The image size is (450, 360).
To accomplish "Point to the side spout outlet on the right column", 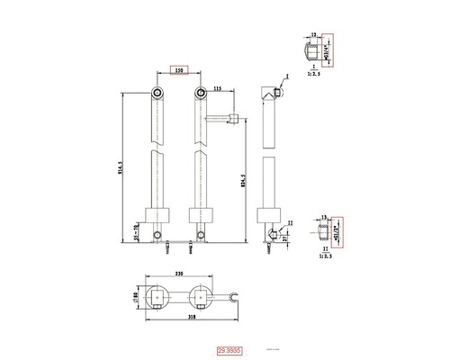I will (233, 117).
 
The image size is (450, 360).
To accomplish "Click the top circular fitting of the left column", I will (157, 94).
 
